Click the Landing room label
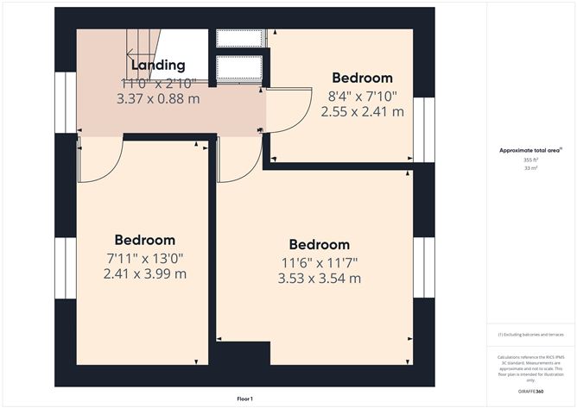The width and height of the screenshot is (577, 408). (x=157, y=66)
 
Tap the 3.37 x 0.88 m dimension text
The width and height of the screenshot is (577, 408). (x=157, y=99)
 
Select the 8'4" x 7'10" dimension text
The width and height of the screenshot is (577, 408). (x=362, y=96)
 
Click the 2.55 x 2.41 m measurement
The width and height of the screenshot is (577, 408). (x=362, y=111)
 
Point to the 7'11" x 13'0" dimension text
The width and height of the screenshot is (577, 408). (x=144, y=258)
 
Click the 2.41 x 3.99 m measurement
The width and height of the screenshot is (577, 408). (x=144, y=274)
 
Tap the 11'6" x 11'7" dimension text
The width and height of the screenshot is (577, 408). (x=319, y=262)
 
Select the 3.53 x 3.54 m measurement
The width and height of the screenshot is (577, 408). (x=319, y=279)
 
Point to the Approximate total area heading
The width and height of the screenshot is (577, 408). (x=529, y=150)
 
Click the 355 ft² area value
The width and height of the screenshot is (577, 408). (x=529, y=160)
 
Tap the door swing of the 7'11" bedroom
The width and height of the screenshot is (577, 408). (x=99, y=160)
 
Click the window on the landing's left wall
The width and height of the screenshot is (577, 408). (x=66, y=103)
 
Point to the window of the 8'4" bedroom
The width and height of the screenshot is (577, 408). (x=422, y=124)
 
